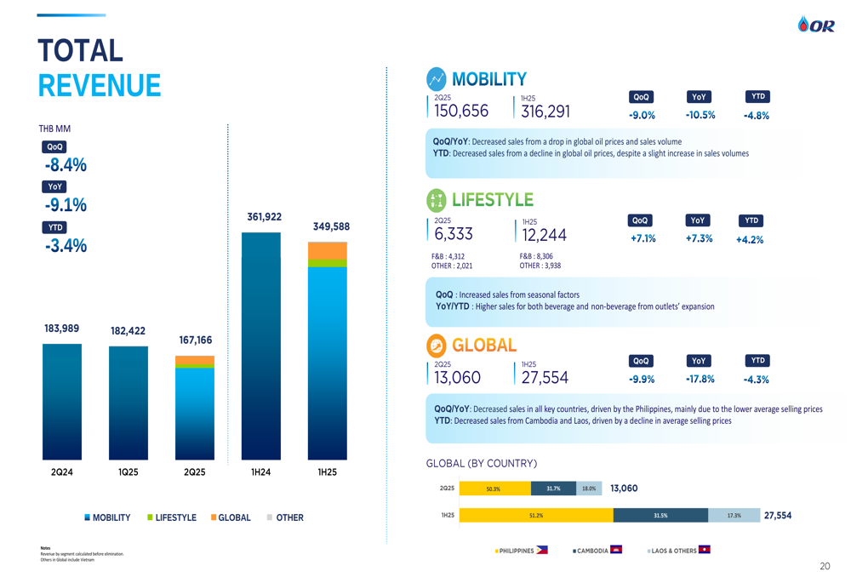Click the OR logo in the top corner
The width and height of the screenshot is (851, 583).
pyautogui.click(x=816, y=26)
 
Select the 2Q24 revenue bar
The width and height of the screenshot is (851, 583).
pyautogui.click(x=62, y=401)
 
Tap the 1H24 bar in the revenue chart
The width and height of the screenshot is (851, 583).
pyautogui.click(x=260, y=345)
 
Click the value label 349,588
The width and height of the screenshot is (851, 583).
pyautogui.click(x=331, y=226)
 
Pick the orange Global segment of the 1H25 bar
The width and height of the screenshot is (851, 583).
pyautogui.click(x=327, y=251)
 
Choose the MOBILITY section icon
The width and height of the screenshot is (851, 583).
pyautogui.click(x=437, y=79)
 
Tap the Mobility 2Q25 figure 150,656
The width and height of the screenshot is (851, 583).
pyautogui.click(x=461, y=111)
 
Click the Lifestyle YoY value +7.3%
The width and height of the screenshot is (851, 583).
pyautogui.click(x=699, y=238)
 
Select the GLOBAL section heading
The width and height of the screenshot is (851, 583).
pyautogui.click(x=484, y=346)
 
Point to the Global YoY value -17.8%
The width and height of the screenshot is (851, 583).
pyautogui.click(x=700, y=380)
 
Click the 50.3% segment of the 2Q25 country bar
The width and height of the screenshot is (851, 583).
pyautogui.click(x=494, y=489)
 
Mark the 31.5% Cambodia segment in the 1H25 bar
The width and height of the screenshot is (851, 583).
pyautogui.click(x=660, y=515)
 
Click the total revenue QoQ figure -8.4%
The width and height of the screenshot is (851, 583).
pyautogui.click(x=66, y=165)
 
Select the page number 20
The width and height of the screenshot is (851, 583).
pyautogui.click(x=825, y=566)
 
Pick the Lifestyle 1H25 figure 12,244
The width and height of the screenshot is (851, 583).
pyautogui.click(x=544, y=236)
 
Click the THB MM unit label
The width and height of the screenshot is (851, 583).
pyautogui.click(x=54, y=129)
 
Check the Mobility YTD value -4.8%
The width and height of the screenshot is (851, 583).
pyautogui.click(x=756, y=116)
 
